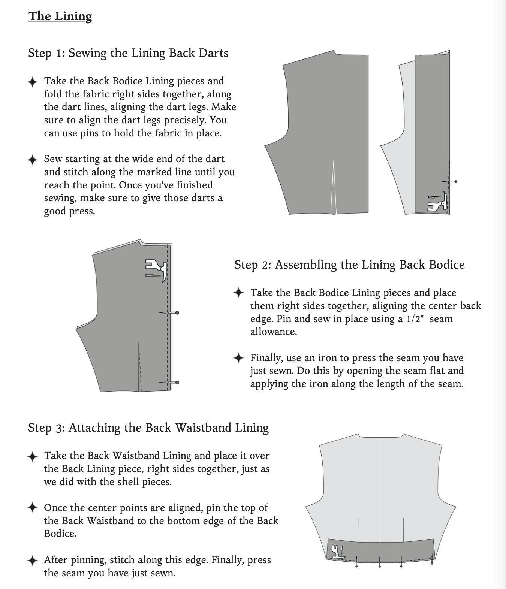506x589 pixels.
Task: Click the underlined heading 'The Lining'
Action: click(x=60, y=16)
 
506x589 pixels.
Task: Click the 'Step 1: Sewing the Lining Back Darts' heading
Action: click(x=128, y=53)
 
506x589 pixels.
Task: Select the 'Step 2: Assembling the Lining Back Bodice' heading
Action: click(x=349, y=265)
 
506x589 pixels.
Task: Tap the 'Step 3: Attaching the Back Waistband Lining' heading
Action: click(x=148, y=428)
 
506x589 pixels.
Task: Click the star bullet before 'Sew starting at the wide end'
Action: click(x=33, y=160)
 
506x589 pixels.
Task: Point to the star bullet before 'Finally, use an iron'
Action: click(x=239, y=357)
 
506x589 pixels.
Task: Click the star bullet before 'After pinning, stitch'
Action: click(x=33, y=560)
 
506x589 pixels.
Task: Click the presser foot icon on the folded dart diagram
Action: click(x=437, y=201)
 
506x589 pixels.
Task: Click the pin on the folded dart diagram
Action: click(x=449, y=181)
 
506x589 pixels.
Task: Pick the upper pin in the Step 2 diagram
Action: click(x=169, y=313)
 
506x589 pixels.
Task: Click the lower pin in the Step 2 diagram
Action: click(x=169, y=383)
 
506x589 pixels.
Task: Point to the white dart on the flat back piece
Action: click(x=334, y=187)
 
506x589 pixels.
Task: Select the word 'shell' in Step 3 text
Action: click(x=126, y=482)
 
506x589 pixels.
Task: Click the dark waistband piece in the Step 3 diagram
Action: click(x=380, y=550)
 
